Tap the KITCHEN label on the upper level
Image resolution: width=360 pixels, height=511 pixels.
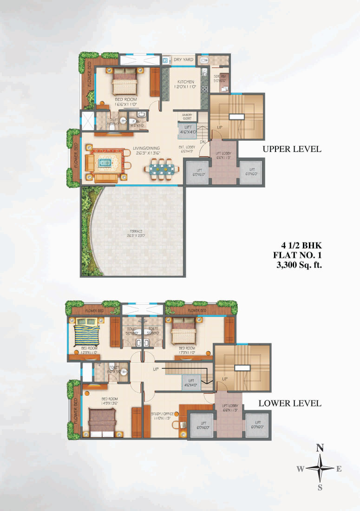click(x=185, y=82)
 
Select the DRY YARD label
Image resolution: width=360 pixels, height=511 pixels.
click(x=183, y=60)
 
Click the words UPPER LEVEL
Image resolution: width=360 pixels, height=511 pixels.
click(x=291, y=149)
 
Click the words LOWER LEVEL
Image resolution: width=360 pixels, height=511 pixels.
click(x=290, y=403)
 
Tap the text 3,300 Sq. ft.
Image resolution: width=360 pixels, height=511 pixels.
click(x=300, y=266)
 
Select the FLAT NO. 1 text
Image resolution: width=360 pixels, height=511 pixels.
click(x=298, y=255)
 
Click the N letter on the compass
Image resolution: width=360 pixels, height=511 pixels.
click(x=320, y=448)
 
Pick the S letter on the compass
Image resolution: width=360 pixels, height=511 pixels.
click(x=320, y=487)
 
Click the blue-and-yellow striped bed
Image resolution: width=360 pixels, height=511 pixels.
click(x=87, y=332)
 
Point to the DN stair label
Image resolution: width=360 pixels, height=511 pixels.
click(x=203, y=142)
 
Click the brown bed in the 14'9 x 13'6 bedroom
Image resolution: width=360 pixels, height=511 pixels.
click(x=103, y=420)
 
